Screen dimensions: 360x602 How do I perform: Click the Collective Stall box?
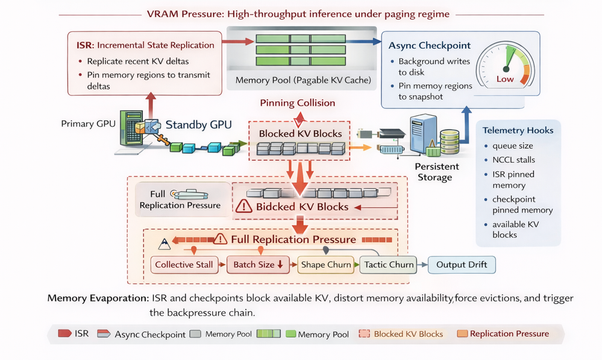click(x=183, y=265)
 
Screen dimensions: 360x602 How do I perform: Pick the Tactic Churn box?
click(x=389, y=265)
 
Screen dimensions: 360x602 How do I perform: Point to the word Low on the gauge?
click(x=505, y=79)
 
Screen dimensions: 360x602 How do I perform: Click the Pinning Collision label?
click(x=297, y=103)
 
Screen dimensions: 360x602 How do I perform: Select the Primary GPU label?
click(x=87, y=124)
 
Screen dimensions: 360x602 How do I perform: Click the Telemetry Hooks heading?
click(x=518, y=130)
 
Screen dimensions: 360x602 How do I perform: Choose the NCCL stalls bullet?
click(x=513, y=160)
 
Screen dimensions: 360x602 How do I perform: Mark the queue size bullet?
click(x=513, y=145)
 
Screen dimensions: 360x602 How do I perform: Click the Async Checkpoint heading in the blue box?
click(x=429, y=46)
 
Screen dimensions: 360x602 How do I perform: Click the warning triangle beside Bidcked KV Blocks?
click(x=245, y=207)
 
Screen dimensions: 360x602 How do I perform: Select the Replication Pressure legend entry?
click(x=509, y=333)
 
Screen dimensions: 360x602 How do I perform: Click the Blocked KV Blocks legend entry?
click(x=407, y=333)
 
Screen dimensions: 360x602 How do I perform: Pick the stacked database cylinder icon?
click(x=450, y=143)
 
